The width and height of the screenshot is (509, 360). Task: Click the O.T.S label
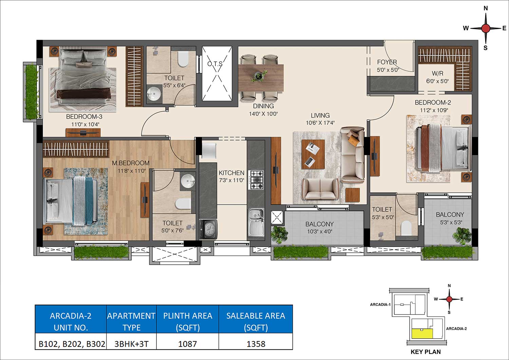pos(215,64)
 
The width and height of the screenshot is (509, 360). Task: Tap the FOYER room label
pos(387,62)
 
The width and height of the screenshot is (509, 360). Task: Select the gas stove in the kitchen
pos(257,180)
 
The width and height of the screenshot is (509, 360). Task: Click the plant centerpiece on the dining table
pos(259,75)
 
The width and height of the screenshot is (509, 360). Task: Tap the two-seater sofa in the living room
pos(320,189)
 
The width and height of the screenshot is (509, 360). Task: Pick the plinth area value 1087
pos(187,344)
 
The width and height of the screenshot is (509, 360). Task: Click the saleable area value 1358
pos(256,344)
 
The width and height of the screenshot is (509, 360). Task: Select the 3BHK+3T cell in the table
pos(131,344)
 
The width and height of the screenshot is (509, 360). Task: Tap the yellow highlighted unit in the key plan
pos(422,334)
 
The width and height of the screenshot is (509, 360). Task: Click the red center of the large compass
pos(486,29)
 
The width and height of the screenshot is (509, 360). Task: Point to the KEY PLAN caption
pos(426,352)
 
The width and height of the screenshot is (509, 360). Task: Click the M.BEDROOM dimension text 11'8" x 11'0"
pos(131,171)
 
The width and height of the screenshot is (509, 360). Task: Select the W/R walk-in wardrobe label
pos(437,73)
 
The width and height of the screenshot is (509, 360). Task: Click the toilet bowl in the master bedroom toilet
pos(183,204)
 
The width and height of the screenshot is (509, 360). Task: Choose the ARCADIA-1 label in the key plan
pos(380,304)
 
